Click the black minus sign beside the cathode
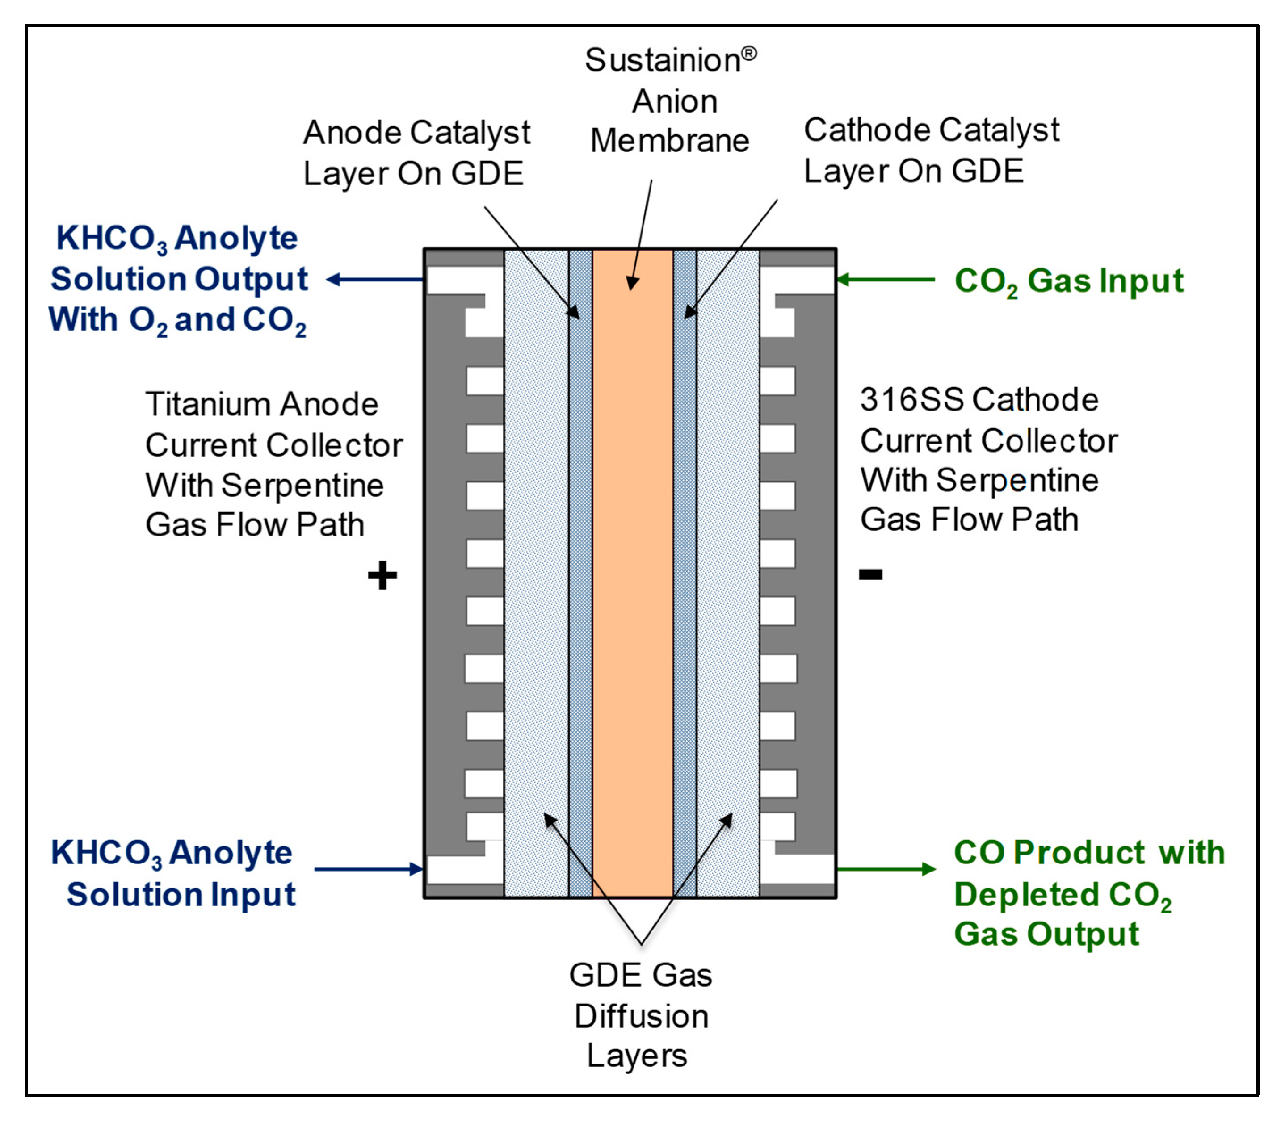[x=870, y=574]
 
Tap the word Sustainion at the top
[x=663, y=61]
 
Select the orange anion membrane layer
[x=632, y=564]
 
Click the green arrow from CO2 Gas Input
[x=884, y=280]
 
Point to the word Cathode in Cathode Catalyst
[x=850, y=130]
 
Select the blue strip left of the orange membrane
[x=580, y=564]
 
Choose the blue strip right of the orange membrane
[x=685, y=564]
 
